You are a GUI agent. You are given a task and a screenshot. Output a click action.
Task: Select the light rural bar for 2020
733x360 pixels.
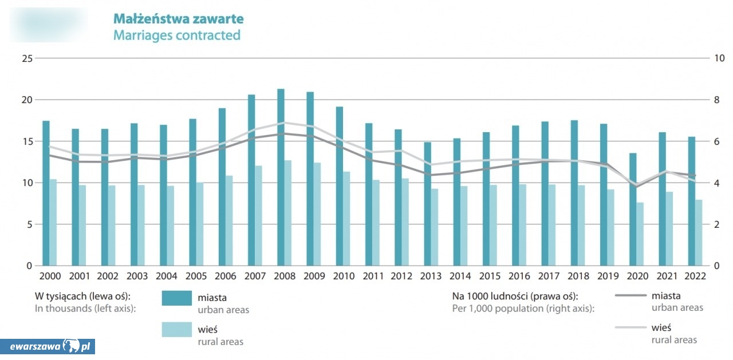point(640,234)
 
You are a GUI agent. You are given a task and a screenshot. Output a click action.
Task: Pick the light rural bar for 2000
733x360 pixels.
point(53,223)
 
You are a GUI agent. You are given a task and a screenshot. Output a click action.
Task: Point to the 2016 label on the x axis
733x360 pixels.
point(519,276)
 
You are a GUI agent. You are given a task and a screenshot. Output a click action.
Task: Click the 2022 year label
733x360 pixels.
point(695,276)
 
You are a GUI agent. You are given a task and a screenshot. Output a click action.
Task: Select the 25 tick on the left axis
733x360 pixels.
point(26,58)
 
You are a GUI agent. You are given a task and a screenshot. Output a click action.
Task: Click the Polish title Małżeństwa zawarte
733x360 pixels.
point(178,19)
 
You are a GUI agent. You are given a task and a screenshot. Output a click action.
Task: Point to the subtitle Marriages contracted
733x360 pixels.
point(176,35)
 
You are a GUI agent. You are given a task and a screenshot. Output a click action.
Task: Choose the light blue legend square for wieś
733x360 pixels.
point(176,330)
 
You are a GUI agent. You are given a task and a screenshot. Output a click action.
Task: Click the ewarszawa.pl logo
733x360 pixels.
point(48,346)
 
